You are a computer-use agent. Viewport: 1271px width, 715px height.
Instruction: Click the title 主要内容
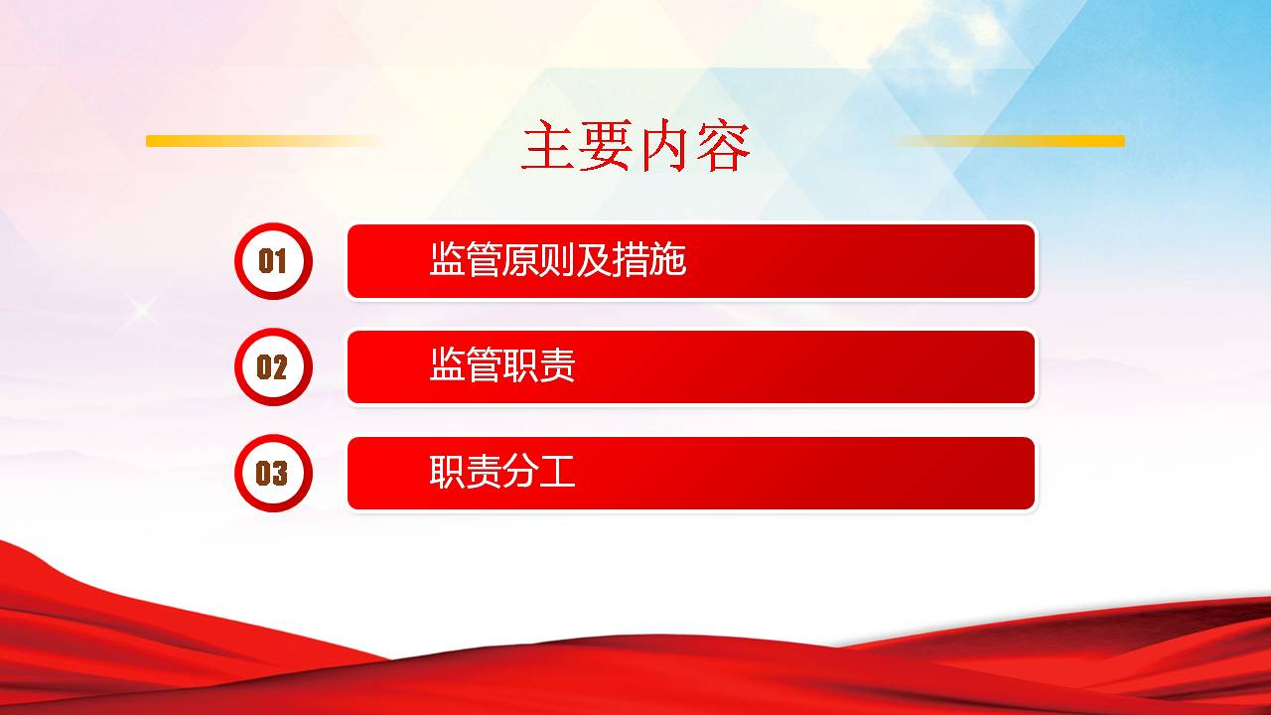click(635, 145)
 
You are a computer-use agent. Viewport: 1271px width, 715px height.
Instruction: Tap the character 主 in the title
click(549, 145)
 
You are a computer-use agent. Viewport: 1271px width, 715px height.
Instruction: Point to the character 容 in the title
click(723, 145)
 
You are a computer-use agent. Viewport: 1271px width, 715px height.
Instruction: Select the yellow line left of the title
click(265, 141)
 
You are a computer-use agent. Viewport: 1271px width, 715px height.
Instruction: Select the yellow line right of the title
click(1008, 141)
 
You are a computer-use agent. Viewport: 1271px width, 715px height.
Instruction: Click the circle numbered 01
click(273, 261)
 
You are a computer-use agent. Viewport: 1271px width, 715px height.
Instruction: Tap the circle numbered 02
click(273, 366)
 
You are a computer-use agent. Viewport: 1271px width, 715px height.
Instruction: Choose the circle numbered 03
click(273, 473)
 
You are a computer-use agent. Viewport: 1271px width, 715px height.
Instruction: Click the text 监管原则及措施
click(558, 260)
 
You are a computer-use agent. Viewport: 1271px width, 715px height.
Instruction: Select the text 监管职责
click(502, 364)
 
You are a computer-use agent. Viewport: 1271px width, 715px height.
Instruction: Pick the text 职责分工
click(502, 471)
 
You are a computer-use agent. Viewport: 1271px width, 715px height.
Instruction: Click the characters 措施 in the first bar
click(650, 260)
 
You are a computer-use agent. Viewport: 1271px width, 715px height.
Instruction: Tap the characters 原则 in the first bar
click(539, 260)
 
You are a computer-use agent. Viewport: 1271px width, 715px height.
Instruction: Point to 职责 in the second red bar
click(539, 364)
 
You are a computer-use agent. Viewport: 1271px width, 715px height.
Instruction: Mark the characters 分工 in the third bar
click(539, 471)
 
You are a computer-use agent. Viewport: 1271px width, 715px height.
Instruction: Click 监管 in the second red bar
click(466, 364)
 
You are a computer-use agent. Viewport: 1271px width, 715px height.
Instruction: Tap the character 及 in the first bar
click(595, 260)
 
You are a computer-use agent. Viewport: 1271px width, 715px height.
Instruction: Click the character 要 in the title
click(607, 145)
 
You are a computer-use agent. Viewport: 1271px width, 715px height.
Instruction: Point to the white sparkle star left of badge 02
click(142, 309)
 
